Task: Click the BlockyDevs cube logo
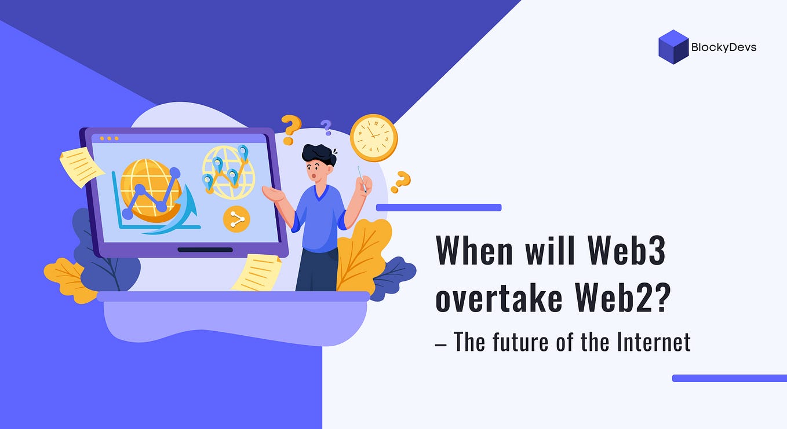click(673, 47)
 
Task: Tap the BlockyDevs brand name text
click(724, 47)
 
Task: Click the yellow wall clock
click(374, 138)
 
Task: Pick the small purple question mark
click(326, 127)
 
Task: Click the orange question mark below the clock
click(400, 182)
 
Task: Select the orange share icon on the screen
click(236, 219)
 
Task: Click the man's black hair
click(318, 154)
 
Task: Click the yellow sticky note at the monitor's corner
click(81, 166)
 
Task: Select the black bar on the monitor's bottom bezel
click(205, 250)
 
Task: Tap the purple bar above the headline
click(438, 207)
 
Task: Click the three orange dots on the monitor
click(109, 138)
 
